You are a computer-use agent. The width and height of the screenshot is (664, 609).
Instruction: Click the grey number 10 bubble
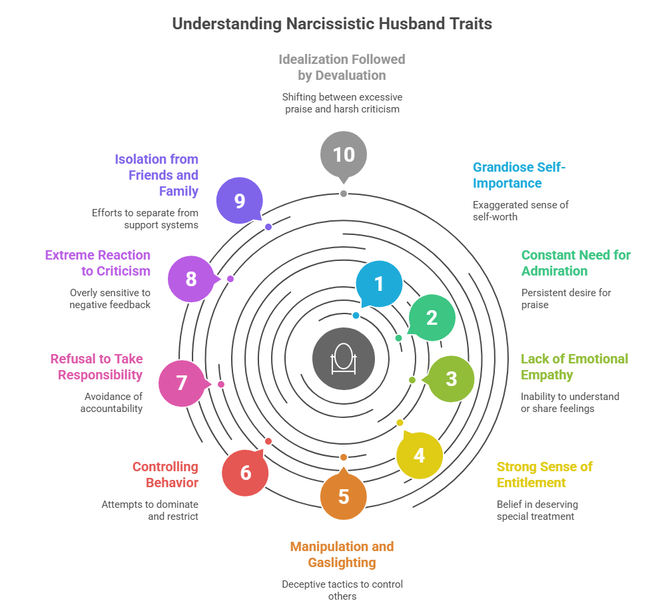344,154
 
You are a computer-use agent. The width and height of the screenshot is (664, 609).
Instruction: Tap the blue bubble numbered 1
379,284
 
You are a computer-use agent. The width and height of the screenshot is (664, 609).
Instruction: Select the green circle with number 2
432,317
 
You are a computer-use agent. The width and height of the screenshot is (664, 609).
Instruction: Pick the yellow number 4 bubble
419,455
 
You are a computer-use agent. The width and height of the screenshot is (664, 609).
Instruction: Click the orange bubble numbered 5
344,496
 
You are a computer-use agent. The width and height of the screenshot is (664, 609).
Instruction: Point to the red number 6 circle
245,473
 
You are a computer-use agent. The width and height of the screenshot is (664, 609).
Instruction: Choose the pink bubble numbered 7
182,383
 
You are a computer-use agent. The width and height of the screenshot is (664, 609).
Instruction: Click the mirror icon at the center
344,359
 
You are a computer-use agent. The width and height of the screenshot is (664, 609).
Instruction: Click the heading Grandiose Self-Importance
519,175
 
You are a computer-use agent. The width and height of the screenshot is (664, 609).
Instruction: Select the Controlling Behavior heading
165,475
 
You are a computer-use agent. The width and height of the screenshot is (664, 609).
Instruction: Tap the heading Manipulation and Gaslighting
342,554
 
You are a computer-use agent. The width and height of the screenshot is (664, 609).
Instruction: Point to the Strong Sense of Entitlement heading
544,475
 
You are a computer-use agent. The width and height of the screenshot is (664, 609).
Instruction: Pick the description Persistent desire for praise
565,299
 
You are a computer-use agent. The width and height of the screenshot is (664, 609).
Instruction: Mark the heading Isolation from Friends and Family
157,175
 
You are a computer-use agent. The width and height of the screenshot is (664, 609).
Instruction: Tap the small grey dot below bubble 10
344,194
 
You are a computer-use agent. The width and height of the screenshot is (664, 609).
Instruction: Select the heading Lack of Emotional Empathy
574,367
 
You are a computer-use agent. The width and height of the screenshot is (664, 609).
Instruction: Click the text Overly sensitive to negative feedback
110,299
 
